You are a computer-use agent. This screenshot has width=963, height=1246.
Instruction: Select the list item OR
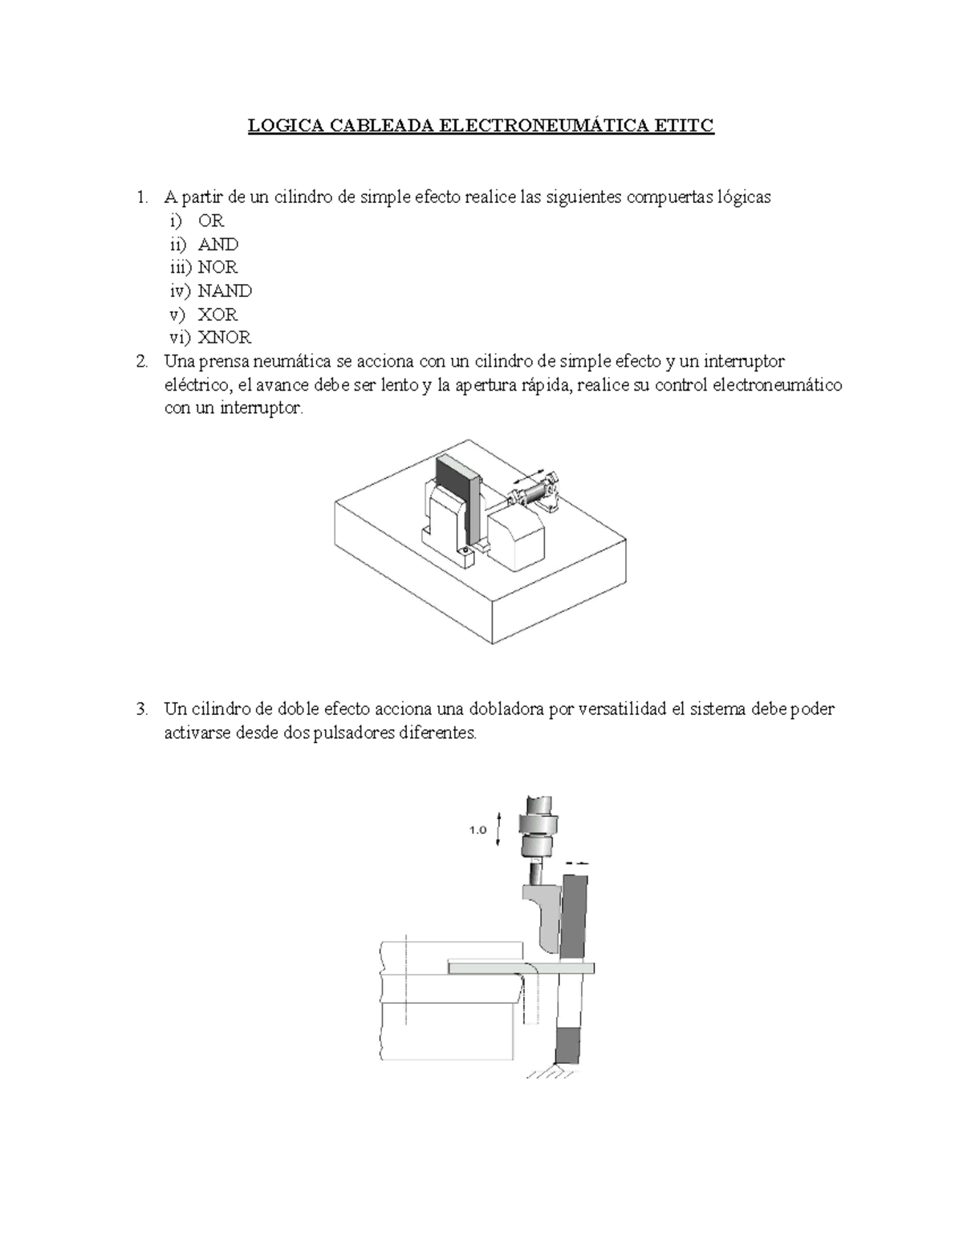click(x=211, y=221)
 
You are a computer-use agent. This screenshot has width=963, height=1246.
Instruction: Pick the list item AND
click(x=217, y=244)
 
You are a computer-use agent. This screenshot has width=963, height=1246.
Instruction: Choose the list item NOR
click(x=217, y=267)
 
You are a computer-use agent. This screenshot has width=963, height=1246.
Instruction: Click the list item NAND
click(x=225, y=290)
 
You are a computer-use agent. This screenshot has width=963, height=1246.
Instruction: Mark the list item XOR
click(x=217, y=315)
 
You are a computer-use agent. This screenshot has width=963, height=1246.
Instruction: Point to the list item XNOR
click(x=225, y=338)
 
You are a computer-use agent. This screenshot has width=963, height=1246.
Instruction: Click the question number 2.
click(x=141, y=361)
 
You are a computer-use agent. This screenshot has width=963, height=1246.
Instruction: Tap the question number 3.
click(x=141, y=709)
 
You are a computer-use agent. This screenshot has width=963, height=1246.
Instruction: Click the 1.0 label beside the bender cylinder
click(x=477, y=830)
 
